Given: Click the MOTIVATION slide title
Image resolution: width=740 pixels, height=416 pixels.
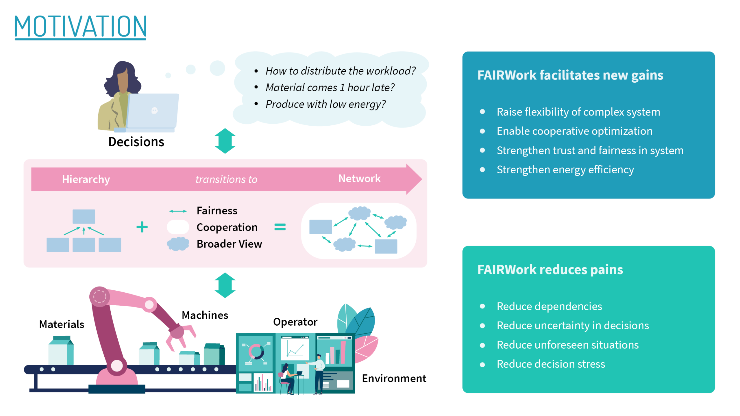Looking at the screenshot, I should (x=80, y=27).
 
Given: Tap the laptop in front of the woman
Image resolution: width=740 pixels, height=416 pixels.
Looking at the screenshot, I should (x=153, y=111).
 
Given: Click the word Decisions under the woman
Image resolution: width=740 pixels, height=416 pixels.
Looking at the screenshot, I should (x=136, y=142).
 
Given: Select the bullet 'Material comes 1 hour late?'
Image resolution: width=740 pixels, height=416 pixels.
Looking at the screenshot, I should (x=330, y=88).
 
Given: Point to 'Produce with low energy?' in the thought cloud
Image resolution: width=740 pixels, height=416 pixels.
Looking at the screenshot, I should (x=325, y=104).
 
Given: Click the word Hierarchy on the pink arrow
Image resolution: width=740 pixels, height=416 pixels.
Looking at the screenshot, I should (x=86, y=179).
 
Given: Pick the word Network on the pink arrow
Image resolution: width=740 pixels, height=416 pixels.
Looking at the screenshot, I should (x=359, y=179).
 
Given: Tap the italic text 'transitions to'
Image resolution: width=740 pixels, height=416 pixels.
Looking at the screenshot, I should (x=226, y=179).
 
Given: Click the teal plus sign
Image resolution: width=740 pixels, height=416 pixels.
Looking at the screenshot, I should (x=142, y=227).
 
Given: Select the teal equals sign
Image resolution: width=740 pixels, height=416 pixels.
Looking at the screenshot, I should (x=280, y=227).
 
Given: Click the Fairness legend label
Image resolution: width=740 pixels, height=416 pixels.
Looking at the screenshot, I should (x=217, y=211).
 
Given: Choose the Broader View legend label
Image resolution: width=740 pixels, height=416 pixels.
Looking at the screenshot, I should (x=229, y=244).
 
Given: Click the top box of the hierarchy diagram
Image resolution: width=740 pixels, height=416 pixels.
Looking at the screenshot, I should (x=84, y=216).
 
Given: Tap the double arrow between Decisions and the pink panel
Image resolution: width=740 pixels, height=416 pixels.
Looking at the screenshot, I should (x=225, y=141).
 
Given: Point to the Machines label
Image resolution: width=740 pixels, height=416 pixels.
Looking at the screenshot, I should (x=205, y=315).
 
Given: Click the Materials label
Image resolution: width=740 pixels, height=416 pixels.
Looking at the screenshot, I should (x=62, y=324).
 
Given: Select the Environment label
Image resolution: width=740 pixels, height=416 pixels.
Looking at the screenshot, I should (x=394, y=378).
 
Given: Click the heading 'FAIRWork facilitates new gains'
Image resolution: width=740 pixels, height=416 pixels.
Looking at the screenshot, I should (x=570, y=75).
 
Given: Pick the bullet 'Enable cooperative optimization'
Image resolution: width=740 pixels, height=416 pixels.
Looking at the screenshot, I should (x=574, y=131).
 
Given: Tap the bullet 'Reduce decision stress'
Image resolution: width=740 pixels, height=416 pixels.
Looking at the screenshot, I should (x=551, y=364).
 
